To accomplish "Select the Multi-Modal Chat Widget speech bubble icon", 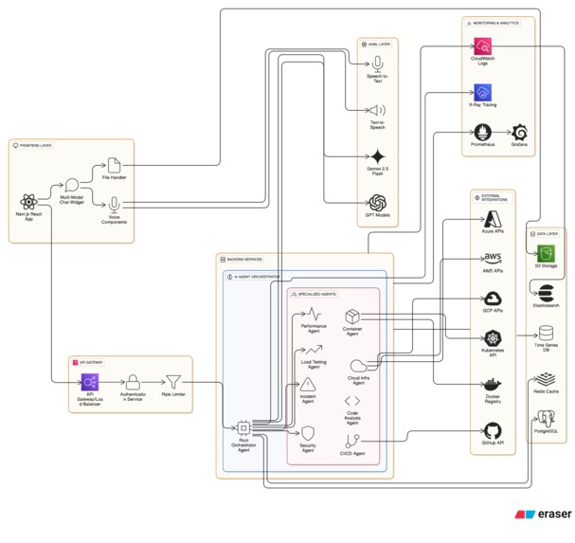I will (x=72, y=187).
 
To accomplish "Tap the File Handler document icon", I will (x=115, y=166).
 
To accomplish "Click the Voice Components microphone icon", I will (x=115, y=204).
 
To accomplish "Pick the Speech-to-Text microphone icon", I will (x=377, y=63).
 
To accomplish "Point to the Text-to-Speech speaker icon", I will (x=377, y=111).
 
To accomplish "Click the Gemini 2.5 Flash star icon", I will (x=377, y=157).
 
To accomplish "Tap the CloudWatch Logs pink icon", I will (x=482, y=45).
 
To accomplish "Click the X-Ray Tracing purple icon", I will (x=482, y=93).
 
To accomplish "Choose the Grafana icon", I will (x=519, y=132).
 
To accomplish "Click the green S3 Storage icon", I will (x=545, y=253).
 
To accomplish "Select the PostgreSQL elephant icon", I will (x=545, y=415).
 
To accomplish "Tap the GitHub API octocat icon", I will (x=492, y=430).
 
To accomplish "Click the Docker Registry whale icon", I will (x=492, y=385).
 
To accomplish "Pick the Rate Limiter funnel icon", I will (x=172, y=383).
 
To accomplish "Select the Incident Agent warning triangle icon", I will (x=308, y=386).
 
